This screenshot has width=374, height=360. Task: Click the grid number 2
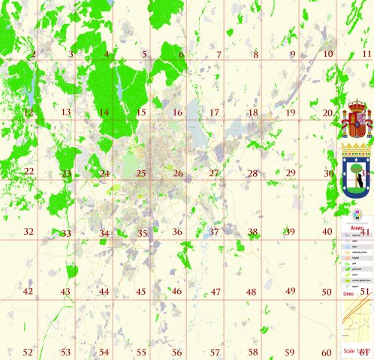pos(33,54)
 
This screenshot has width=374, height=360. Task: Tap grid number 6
pos(181,54)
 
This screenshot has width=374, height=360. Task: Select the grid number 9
pos(292,54)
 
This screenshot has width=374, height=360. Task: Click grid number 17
pos(214,112)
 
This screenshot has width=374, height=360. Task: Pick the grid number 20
pos(327,112)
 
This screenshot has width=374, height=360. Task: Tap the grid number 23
pos(67,173)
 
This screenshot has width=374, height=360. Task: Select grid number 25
pos(140,173)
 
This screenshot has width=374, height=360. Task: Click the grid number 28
pos(252,173)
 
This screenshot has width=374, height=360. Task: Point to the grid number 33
pos(66,233)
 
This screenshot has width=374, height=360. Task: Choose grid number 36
pos(177,232)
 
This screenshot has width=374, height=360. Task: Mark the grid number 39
pos(290,232)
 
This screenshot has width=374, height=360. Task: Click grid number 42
pos(29,292)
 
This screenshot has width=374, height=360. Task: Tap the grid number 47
pos(215,292)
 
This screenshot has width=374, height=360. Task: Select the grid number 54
pos(104,352)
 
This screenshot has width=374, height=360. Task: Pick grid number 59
pos(290,352)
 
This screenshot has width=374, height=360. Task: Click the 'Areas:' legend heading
pos(357,226)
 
